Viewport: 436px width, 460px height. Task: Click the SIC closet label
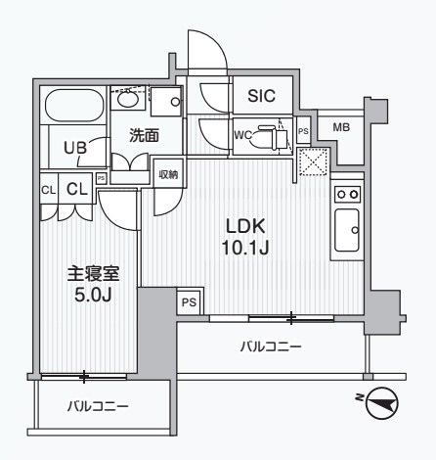tap(261, 96)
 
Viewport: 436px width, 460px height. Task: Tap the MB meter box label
tap(341, 127)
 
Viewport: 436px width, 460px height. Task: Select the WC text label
tap(244, 136)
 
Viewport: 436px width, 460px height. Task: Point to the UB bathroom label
tap(75, 148)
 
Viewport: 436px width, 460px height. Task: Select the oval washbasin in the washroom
tap(128, 99)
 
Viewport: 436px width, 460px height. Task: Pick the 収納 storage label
tap(169, 175)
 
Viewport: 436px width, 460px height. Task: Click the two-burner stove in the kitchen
tap(347, 195)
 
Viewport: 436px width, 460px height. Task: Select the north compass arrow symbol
tap(384, 402)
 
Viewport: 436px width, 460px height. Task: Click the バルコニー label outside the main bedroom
tap(98, 405)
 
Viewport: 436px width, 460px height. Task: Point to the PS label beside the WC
tap(303, 130)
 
